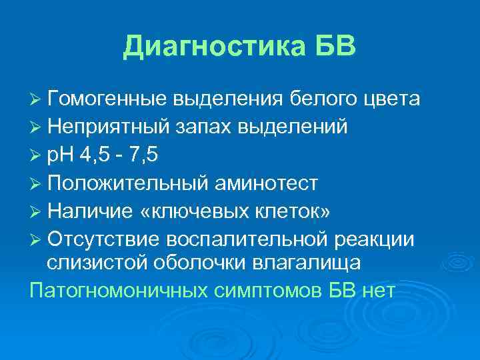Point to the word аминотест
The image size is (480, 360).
[x=271, y=182]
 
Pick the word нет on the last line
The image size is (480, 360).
[x=377, y=291]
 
